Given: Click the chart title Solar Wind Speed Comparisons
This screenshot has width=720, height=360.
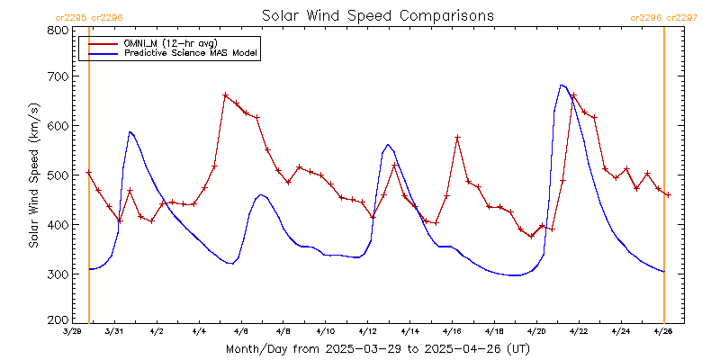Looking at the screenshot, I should [377, 16].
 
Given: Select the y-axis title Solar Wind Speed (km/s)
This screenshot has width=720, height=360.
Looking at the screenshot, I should [34, 175].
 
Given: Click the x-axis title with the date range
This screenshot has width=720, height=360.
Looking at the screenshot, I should [377, 348].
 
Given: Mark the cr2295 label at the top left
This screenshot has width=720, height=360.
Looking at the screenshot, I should [72, 17].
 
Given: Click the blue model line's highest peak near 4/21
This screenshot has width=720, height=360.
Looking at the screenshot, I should [562, 85].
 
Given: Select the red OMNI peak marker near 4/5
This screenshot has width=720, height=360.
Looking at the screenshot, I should [225, 94].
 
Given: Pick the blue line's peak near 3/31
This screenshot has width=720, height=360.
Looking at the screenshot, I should [130, 132].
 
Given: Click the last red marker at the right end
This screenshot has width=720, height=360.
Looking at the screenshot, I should [668, 194].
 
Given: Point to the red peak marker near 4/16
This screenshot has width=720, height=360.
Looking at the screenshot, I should [457, 137].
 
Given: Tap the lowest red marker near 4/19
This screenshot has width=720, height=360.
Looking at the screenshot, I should [531, 236].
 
